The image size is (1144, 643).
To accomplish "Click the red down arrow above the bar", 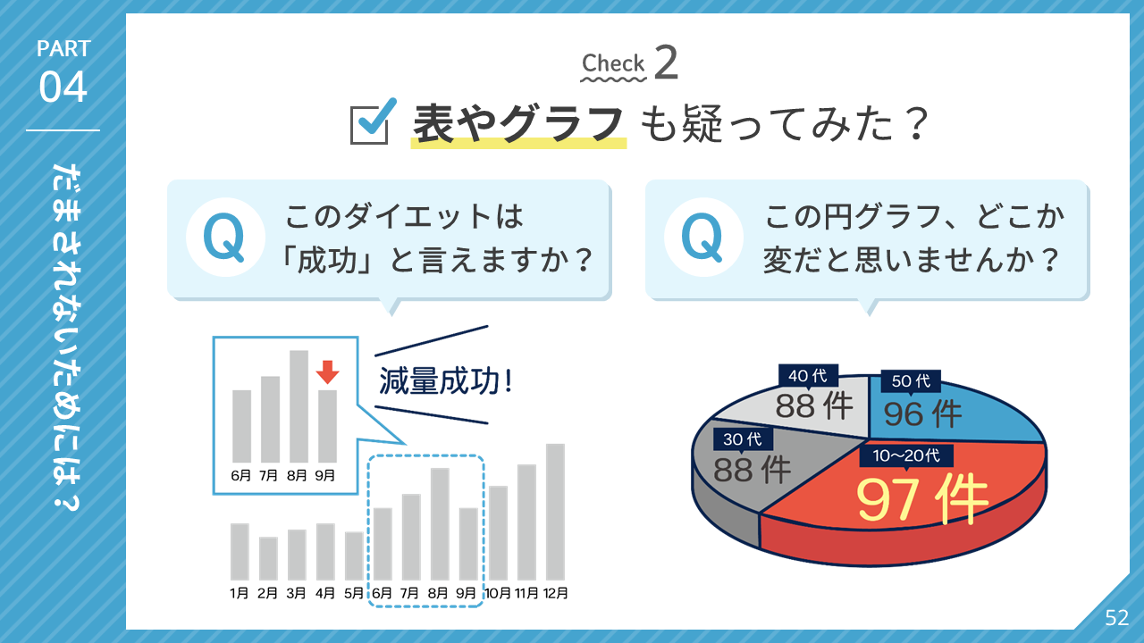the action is coord(327,372).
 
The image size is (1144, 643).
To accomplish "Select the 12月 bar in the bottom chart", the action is coord(555,512).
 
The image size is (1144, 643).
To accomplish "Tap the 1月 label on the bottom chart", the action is coord(239,593).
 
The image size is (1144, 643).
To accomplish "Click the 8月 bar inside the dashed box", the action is coord(440,524).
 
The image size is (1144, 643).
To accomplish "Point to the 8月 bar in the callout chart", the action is coord(299,406).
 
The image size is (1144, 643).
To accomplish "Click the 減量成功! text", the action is coord(445,381).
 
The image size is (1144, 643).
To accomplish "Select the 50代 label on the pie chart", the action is coord(911,380).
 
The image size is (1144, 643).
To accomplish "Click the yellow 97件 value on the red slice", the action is coord(921,498).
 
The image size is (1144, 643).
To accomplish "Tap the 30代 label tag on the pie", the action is coord(743,438).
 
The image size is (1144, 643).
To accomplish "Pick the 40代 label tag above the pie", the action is coord(808,376).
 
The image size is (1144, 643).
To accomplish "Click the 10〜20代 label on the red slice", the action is coord(906,455).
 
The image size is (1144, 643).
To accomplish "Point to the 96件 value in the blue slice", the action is coord(923,413).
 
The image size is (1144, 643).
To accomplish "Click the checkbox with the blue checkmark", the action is coord(373,121).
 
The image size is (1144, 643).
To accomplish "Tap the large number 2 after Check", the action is coord(666,63).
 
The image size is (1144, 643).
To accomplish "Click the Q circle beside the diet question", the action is coord(225,238).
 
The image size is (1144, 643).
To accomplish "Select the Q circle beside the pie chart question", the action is coord(703,238).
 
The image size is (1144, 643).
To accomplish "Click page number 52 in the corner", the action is coord(1116,618).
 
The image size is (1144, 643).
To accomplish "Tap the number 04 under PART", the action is coord(63,87).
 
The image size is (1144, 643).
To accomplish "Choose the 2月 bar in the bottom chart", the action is coord(268,558).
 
